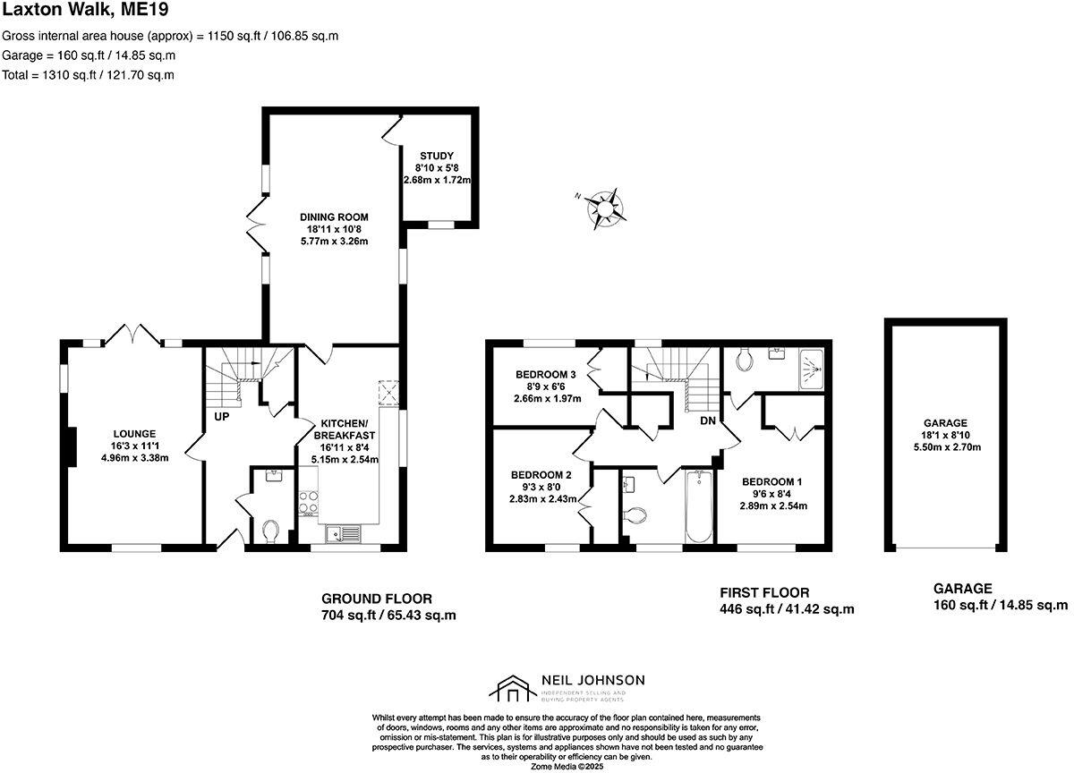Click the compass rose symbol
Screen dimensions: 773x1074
[x=605, y=208]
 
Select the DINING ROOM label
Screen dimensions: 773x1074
[x=334, y=217]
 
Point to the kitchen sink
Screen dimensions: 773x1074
[x=344, y=533]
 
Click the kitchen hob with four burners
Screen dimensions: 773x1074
[x=309, y=503]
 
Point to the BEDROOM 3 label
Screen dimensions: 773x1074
[x=545, y=374]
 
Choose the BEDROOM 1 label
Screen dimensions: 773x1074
[x=771, y=481]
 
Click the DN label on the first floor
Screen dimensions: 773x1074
[x=707, y=420]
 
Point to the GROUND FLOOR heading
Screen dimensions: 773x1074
[x=376, y=599]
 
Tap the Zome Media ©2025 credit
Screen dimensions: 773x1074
[x=567, y=766]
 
